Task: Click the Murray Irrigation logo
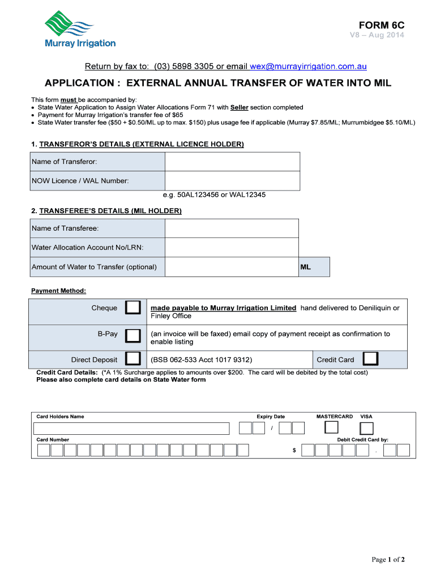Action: coord(80,29)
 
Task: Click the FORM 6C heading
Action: coord(382,25)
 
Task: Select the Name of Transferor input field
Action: coord(232,162)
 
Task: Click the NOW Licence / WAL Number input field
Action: coord(232,181)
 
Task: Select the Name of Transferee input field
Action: coord(232,228)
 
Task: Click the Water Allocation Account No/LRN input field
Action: coord(232,248)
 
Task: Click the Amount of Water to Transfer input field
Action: coord(232,267)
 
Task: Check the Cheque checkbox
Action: coord(133,308)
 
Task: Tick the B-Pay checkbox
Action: coord(133,336)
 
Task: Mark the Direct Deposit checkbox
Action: coord(133,359)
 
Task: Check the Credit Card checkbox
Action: coord(371,359)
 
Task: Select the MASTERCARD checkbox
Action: coord(331,428)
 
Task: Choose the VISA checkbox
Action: coord(367,429)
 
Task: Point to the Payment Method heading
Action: coord(58,291)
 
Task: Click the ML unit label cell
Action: coord(314,267)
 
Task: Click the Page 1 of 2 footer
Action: coord(388,560)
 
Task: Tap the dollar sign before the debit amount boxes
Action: coord(294,451)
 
